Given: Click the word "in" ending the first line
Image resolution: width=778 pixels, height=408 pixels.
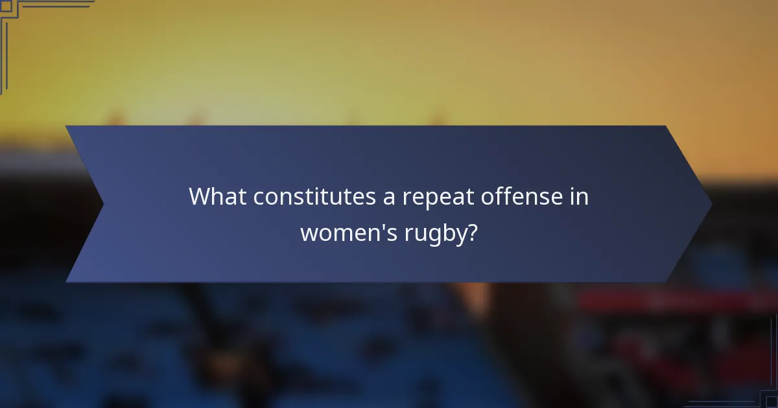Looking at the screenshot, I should pos(580,197).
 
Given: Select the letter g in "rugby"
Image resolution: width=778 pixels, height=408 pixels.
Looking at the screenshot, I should pos(432,234).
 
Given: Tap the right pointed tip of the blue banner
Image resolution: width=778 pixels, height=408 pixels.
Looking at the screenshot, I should pos(712,204).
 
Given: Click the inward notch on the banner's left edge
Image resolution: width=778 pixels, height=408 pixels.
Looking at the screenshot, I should pos(103,204).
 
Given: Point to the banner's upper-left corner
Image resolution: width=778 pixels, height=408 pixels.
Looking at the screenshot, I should pos(65,126).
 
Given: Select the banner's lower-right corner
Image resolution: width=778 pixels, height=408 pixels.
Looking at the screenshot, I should pos(666,282).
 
